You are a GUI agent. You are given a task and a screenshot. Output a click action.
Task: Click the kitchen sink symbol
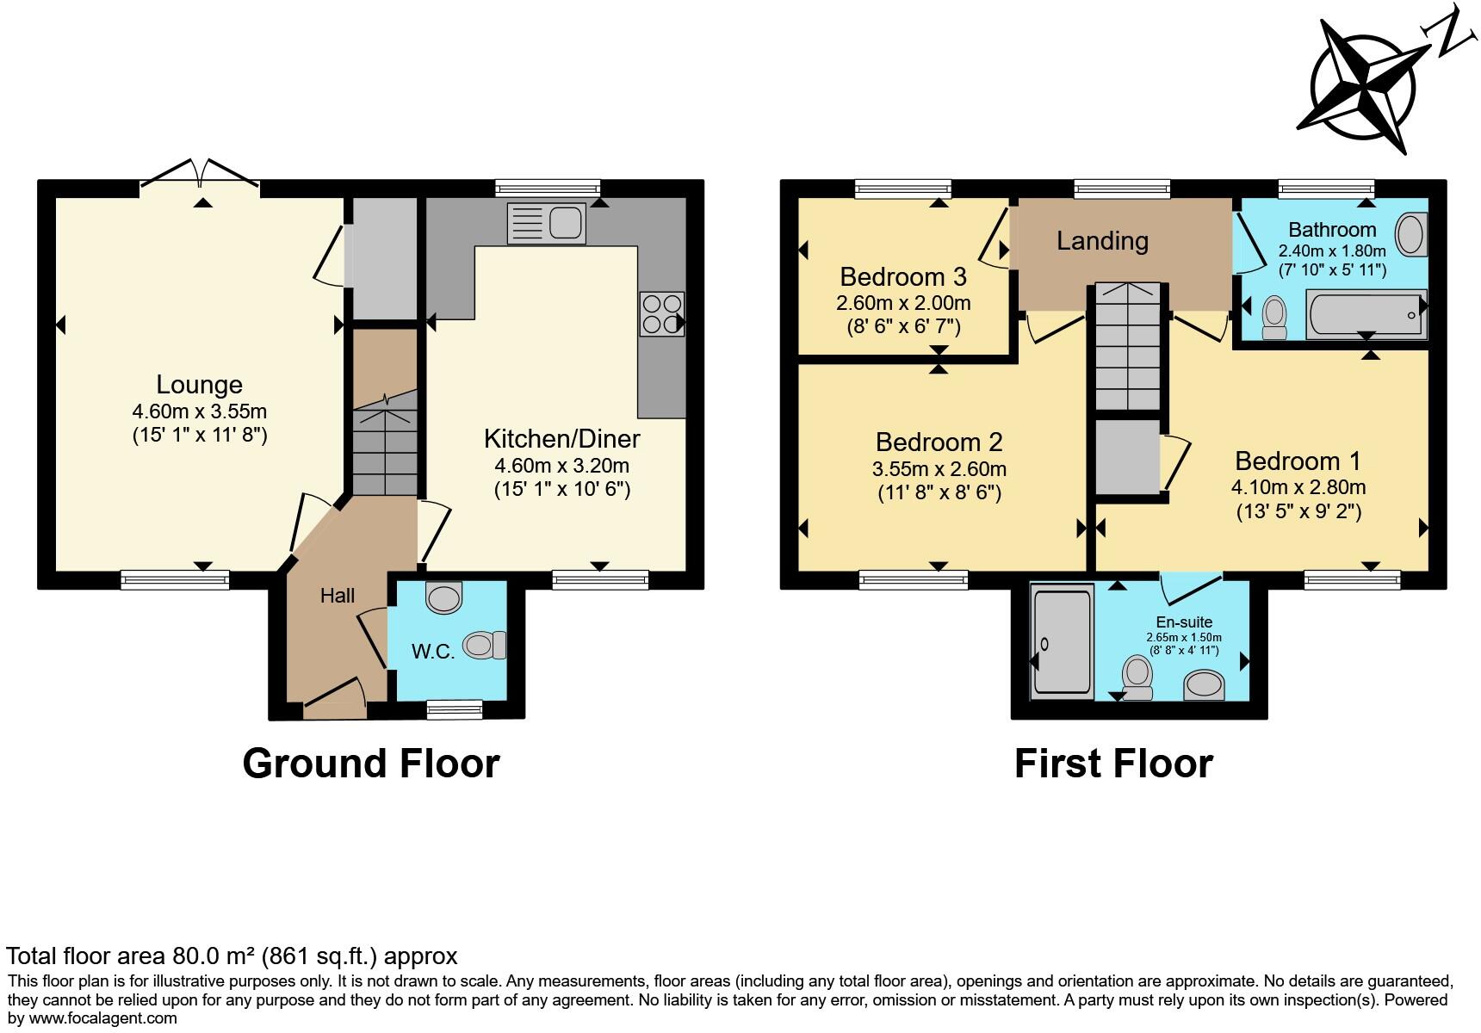pos(547,222)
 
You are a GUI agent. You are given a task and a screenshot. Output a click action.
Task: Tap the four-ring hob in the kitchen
pos(661,314)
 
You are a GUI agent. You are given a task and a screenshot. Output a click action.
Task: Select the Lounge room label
pos(199,385)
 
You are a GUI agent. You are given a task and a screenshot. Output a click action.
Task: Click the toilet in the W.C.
pos(486,645)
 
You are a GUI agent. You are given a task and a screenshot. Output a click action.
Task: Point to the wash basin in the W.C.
pos(444,597)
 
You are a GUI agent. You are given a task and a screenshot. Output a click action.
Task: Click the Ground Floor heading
pos(370,764)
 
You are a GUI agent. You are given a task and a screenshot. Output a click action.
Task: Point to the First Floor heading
pos(1113,764)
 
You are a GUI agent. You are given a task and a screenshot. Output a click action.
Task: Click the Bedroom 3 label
pos(903,277)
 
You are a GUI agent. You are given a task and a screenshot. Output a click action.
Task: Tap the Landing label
pos(1102,241)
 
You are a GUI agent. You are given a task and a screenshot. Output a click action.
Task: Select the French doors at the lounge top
pos(201,172)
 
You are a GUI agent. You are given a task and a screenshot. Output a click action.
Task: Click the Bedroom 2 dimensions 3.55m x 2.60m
pos(939,470)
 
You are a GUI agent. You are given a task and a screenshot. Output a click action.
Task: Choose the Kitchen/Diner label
pos(561,439)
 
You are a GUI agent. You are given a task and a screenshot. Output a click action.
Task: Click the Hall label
pos(338,596)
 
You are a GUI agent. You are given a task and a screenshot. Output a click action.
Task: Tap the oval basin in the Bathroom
pos(1410,234)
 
